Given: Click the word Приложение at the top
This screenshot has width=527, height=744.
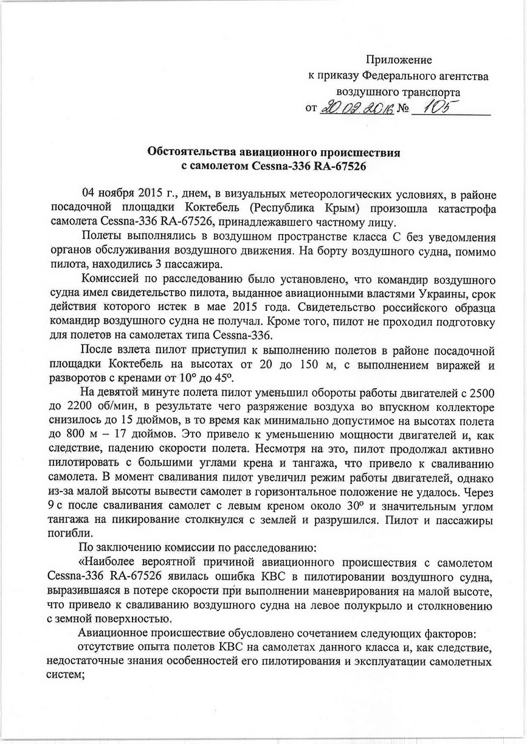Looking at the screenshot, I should (398, 60).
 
